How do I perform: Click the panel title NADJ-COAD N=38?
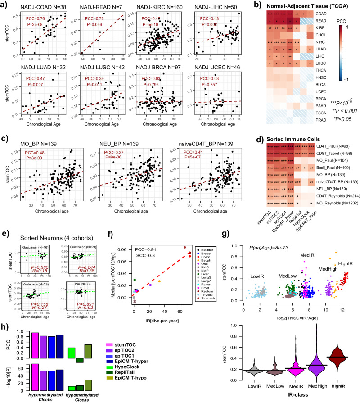pyautogui.click(x=39, y=8)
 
